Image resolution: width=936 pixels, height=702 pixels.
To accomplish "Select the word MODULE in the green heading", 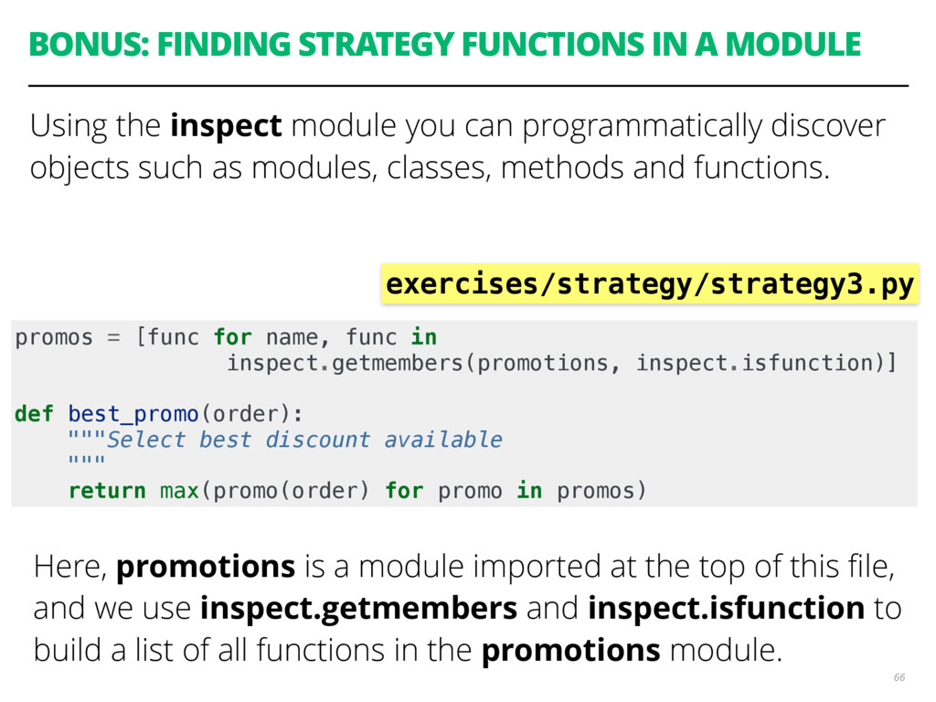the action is [x=792, y=44].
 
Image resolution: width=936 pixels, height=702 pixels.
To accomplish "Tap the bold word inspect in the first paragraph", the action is [x=226, y=126].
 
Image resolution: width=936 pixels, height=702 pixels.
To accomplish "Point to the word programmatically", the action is [x=642, y=126].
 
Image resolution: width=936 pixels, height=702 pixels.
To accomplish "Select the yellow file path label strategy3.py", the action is [x=650, y=283].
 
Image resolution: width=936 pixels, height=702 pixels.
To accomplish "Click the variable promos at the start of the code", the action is [x=54, y=338].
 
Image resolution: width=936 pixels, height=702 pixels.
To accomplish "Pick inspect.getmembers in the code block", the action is [x=345, y=363].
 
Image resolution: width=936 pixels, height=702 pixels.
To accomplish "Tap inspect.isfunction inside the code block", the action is [x=755, y=363].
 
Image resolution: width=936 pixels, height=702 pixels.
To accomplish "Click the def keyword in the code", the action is [x=34, y=414].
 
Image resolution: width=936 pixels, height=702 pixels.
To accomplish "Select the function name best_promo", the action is [x=133, y=414].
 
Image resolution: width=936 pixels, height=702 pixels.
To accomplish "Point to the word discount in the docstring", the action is [x=317, y=440].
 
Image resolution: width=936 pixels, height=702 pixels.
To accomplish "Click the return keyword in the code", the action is [x=107, y=491].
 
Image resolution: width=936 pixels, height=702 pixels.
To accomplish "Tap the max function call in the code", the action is [x=179, y=491].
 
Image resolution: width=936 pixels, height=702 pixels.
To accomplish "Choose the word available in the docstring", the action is [x=443, y=440].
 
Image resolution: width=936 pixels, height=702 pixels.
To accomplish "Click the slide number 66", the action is [x=899, y=677].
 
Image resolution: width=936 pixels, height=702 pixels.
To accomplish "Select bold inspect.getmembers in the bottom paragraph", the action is [x=358, y=608].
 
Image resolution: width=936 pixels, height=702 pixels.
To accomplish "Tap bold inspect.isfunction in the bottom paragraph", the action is [x=726, y=608].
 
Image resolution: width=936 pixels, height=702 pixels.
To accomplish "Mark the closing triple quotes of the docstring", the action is [x=87, y=460].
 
